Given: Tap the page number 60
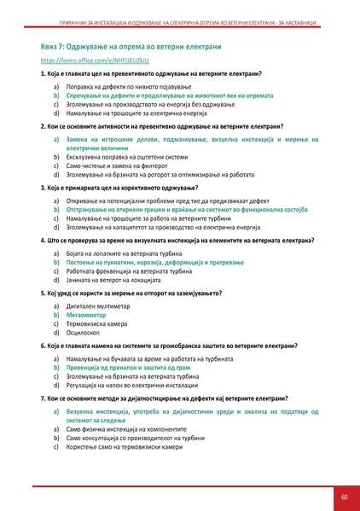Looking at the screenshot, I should coord(342,496).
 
